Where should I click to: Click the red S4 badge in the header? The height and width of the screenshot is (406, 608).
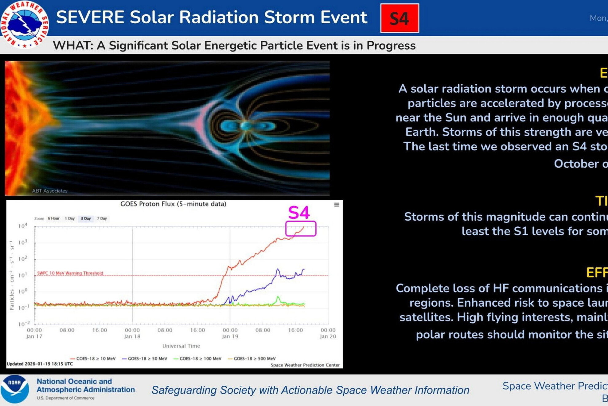[399, 18]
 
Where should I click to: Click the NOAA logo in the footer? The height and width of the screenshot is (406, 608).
[14, 389]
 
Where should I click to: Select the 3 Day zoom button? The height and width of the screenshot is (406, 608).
[86, 218]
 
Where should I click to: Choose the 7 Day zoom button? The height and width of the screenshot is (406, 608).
[102, 218]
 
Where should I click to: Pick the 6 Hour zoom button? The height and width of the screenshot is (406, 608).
[54, 218]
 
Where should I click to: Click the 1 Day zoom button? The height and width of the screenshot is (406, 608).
[70, 218]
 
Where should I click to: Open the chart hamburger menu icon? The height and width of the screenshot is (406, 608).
[337, 205]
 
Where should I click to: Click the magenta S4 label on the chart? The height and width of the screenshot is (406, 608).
[299, 213]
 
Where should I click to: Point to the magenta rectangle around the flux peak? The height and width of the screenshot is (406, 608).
[301, 229]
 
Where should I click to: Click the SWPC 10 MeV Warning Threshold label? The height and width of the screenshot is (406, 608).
[70, 273]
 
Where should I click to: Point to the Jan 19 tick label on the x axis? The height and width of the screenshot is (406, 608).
[230, 336]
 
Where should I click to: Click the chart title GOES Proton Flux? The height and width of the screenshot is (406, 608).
[173, 204]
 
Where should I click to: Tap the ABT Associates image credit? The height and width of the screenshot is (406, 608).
[50, 191]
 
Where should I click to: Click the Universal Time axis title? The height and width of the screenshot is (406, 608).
[181, 346]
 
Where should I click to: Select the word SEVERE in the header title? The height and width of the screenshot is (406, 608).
[90, 17]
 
